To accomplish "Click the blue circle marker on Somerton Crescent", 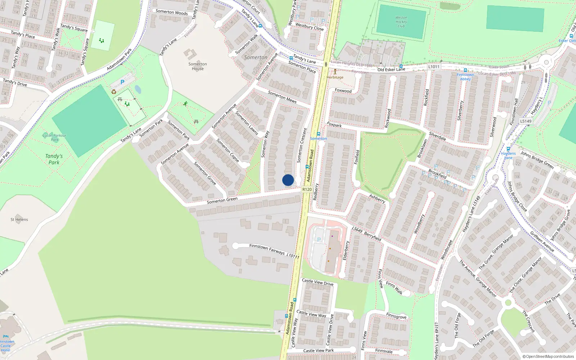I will click(x=288, y=180).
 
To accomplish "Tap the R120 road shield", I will click(x=307, y=189).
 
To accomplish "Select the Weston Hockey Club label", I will click(x=401, y=22).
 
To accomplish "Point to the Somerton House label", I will click(x=198, y=66).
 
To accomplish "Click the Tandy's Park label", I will click(x=54, y=159).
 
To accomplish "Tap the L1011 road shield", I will click(x=434, y=67).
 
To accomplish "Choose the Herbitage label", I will click(x=335, y=77).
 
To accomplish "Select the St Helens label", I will click(x=19, y=219).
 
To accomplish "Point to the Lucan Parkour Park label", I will click(x=54, y=137).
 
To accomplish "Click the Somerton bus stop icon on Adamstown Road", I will click(x=318, y=134).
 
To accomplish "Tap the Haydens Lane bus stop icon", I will click(x=508, y=149).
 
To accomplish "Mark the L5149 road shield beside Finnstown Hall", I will click(x=526, y=121).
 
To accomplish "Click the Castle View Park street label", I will click(x=318, y=350).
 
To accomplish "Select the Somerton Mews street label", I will click(x=282, y=96).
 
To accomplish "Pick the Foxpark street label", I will click(x=334, y=125).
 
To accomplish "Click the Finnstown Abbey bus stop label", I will click(x=465, y=77).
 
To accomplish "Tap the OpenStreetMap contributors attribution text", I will click(x=548, y=356).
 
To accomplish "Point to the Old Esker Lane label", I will click(x=391, y=69).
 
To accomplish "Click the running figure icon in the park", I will click(x=185, y=104).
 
